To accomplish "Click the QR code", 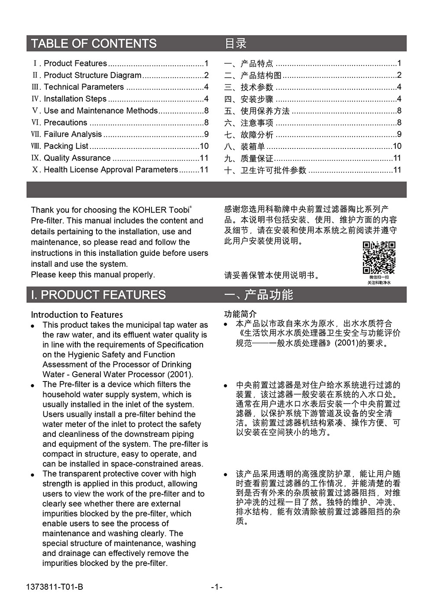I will pos(379,258).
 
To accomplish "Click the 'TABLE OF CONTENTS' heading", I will pos(94,44).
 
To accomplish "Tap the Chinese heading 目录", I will pos(236,44).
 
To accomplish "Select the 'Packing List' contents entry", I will pos(66,146).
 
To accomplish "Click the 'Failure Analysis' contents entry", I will pos(73,134).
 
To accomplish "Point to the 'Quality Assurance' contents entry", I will pos(77,158).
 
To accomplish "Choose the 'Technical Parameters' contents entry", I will pos(84,87).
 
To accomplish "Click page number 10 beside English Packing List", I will pos(204,146).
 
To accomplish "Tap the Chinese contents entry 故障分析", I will pos(257,135).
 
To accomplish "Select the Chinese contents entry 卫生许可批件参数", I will pos(273,170).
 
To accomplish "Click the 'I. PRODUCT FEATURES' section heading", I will pos(98,295).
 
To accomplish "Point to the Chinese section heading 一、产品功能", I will pos(259,295).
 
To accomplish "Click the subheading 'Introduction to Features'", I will pos(77,315).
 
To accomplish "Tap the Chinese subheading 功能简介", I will pos(240,314).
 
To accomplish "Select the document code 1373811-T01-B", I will pos(55,587).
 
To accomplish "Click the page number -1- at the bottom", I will pos(216,587).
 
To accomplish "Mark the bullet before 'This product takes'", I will pos(33,326).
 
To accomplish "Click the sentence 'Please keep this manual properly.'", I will pos(93,275).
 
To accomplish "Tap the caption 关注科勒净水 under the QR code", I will pos(379,283).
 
